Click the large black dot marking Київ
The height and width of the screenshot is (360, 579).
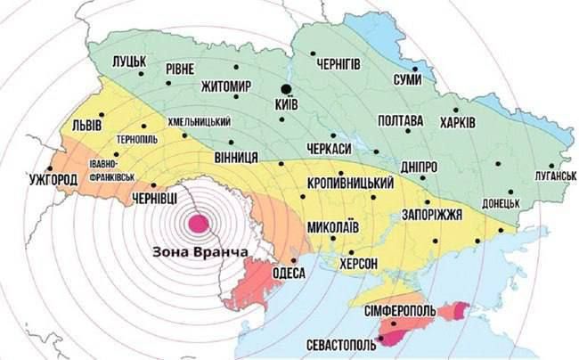tap(286, 88)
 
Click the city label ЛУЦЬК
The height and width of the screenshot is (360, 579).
tap(131, 61)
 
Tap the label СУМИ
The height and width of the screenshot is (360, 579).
tap(412, 81)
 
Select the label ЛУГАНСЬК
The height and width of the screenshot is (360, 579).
tap(544, 176)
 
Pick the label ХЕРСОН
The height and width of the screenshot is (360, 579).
tap(359, 263)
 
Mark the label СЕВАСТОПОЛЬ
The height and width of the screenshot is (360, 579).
tap(336, 343)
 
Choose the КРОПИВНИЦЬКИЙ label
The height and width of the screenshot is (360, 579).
tap(350, 183)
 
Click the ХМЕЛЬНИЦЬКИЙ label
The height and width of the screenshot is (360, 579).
tap(200, 121)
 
